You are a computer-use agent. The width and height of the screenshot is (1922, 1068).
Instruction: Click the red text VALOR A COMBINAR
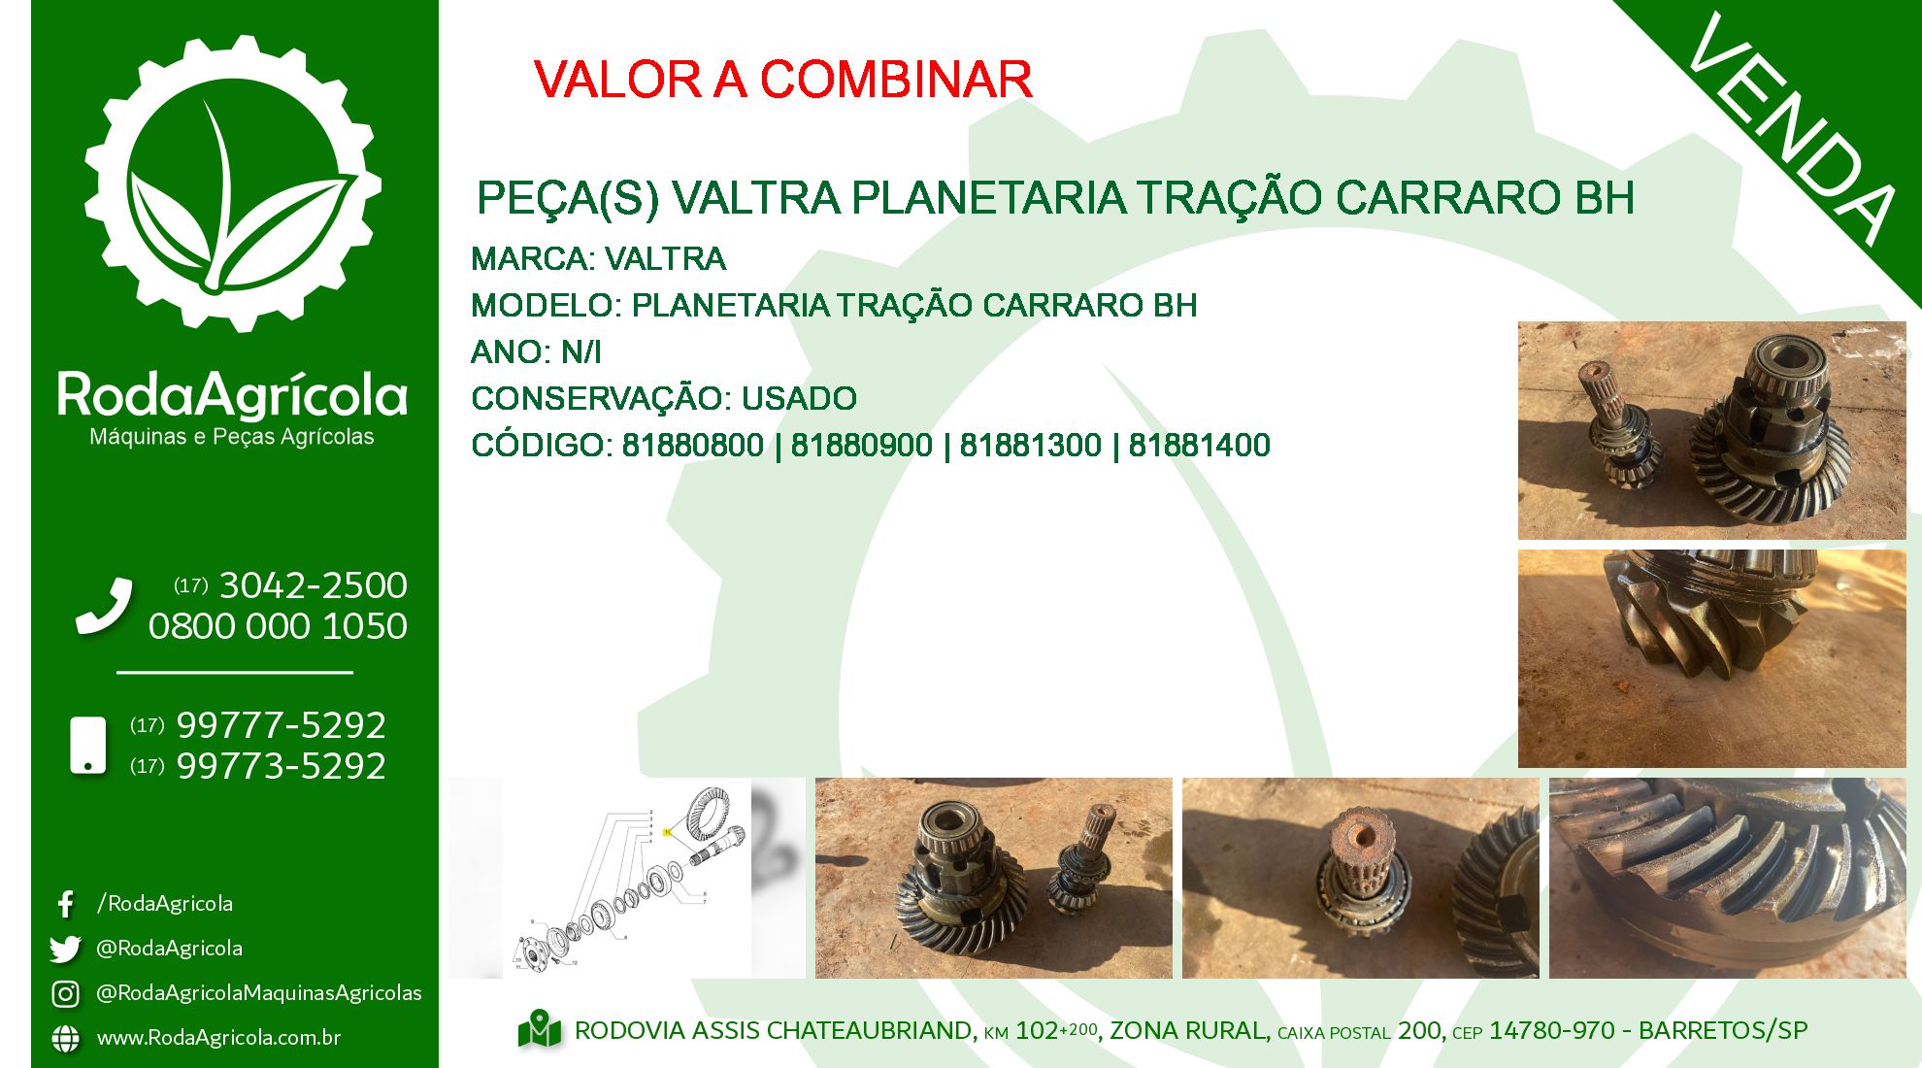[x=782, y=80]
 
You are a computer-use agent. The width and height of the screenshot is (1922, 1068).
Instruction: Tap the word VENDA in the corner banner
[x=1792, y=129]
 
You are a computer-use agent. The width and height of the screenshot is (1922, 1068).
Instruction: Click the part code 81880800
[x=693, y=446]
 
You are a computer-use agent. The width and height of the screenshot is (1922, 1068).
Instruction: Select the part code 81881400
[x=1200, y=446]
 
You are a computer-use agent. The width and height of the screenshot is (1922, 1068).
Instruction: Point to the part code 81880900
[x=862, y=446]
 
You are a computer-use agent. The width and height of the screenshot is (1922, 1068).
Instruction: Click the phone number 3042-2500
[x=314, y=585]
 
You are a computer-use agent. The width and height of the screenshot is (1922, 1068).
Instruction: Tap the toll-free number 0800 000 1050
[x=278, y=626]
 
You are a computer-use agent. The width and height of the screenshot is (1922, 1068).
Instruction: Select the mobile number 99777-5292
[x=282, y=725]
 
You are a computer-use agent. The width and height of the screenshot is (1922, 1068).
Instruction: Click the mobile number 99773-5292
[x=282, y=766]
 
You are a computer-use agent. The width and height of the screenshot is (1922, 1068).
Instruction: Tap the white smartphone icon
[x=88, y=746]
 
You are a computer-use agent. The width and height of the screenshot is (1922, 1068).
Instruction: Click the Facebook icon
[x=65, y=904]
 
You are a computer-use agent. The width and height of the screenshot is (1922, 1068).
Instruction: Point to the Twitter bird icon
[x=65, y=949]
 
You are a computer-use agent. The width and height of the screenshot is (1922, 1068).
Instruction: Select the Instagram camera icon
[x=65, y=993]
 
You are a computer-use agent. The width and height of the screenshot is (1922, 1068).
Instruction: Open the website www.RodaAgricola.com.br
[x=218, y=1038]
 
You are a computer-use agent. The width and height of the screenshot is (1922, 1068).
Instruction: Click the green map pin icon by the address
[x=540, y=1030]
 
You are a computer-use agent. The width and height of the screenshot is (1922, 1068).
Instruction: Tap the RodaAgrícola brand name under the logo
[x=232, y=395]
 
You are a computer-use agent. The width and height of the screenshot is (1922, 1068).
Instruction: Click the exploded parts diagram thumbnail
[x=627, y=878]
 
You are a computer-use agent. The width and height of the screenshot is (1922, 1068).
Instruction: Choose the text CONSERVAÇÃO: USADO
[x=664, y=398]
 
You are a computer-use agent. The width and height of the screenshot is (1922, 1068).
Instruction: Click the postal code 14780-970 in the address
[x=1552, y=1031]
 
